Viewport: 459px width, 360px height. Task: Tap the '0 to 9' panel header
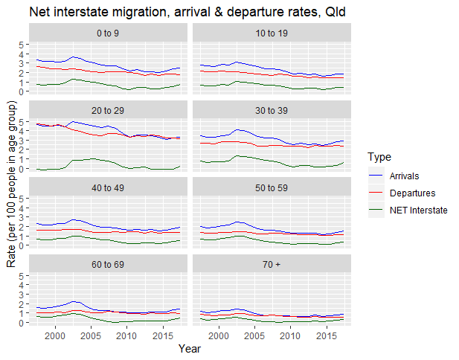[107, 33]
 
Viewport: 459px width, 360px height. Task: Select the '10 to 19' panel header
[271, 33]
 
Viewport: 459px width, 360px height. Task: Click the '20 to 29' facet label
[107, 110]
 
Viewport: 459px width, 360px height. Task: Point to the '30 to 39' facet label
[271, 110]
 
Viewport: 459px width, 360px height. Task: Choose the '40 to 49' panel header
[107, 187]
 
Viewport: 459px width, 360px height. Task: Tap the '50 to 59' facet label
[271, 187]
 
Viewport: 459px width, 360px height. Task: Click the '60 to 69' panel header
[107, 264]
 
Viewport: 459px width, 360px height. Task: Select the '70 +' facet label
[271, 264]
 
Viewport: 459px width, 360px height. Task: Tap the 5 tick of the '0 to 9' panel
[23, 45]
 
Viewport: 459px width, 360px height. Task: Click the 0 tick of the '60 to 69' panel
[23, 323]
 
